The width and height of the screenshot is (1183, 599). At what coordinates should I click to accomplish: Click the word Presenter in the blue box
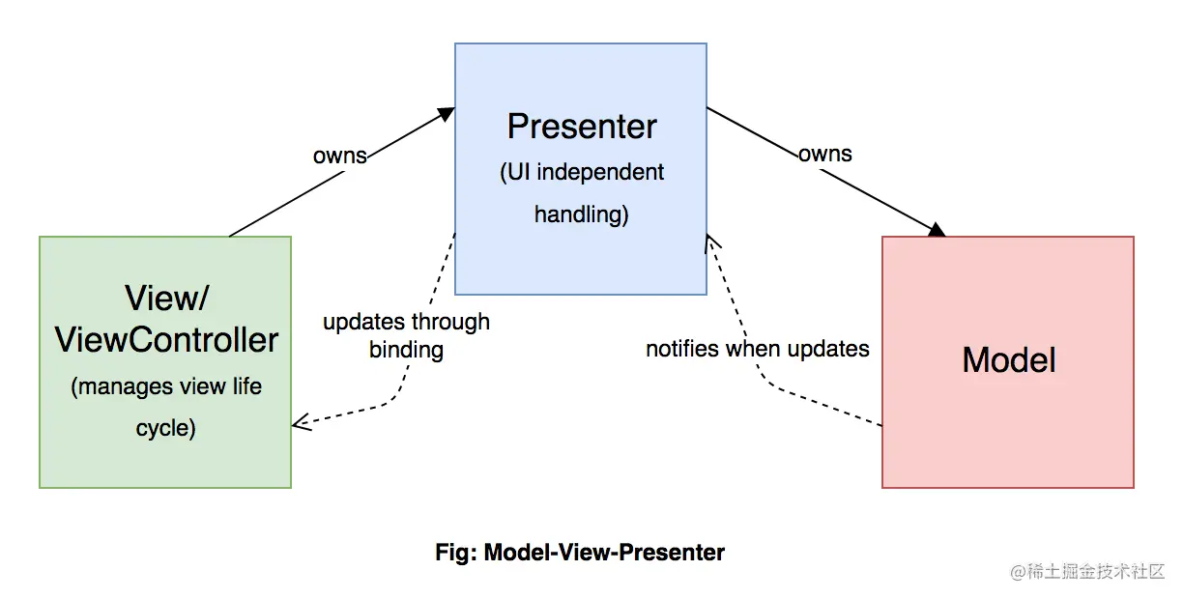[x=582, y=127]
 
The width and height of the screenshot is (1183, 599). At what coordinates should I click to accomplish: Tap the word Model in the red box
[x=1008, y=360]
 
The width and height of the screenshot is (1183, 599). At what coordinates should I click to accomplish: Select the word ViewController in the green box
[x=166, y=340]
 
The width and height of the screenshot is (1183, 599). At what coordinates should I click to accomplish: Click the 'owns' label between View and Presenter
[x=339, y=156]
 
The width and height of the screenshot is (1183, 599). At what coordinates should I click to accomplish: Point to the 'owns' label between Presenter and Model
[x=825, y=154]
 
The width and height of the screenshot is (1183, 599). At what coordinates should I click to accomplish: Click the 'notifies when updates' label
[x=757, y=349]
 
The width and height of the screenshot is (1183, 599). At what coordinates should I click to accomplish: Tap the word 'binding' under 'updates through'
[x=406, y=350]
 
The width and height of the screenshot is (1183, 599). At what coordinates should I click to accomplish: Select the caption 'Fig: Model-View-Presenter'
[x=580, y=553]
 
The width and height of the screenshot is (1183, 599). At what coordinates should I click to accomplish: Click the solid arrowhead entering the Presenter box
[x=446, y=114]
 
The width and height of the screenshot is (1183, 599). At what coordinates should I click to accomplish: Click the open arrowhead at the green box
[x=301, y=422]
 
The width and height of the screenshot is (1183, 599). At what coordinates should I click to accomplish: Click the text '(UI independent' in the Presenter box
[x=582, y=173]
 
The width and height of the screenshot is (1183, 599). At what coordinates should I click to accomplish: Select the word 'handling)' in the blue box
[x=582, y=214]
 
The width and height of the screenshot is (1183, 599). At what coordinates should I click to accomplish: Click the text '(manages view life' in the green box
[x=166, y=387]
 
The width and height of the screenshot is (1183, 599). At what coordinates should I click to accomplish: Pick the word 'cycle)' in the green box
[x=166, y=427]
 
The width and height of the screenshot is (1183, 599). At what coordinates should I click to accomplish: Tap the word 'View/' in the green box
[x=166, y=298]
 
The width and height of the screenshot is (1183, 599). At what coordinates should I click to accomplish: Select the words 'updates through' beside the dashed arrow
[x=406, y=322]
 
